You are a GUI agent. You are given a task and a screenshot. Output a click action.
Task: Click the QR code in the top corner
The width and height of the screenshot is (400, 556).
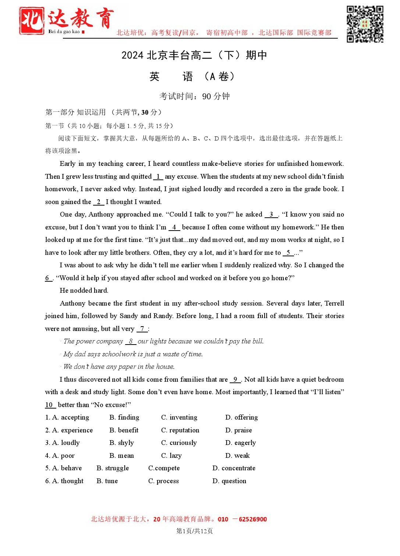coord(365,24)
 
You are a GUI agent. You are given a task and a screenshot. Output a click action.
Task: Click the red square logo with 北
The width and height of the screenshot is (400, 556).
coord(32,21)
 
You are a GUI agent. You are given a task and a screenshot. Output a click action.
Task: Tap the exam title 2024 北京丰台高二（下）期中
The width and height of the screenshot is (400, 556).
coord(194,55)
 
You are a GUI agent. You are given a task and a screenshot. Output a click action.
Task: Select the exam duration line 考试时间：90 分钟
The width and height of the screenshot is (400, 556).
coord(194,96)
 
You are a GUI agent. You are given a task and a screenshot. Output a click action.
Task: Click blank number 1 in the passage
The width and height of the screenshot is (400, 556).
coord(158,177)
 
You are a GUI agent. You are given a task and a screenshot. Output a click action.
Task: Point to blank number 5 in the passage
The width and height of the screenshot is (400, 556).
coord(288,253)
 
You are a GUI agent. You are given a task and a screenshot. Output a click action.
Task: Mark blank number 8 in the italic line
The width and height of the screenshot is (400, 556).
coord(131,341)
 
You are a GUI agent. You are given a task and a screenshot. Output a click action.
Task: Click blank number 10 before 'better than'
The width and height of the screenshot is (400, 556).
coord(49,405)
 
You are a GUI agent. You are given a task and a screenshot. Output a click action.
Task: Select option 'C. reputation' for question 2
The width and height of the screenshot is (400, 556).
coord(180,430)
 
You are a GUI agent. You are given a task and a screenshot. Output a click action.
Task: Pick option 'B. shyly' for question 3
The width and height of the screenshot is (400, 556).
coord(121,443)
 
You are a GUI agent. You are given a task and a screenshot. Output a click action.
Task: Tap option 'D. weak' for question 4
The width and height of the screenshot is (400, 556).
coord(237,456)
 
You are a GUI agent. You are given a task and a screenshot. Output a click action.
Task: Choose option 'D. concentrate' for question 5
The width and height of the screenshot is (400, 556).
coord(234,468)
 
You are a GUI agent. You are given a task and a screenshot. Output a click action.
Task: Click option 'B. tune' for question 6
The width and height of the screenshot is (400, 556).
coord(107,481)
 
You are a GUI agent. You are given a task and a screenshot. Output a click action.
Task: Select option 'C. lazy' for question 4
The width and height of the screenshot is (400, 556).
coord(171,456)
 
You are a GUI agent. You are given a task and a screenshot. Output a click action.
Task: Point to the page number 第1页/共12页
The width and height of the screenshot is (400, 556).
coord(194,531)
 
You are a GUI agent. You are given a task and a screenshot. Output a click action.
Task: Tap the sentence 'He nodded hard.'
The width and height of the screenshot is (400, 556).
coord(84,291)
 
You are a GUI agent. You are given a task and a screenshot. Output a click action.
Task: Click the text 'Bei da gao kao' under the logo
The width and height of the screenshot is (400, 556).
coord(64,32)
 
